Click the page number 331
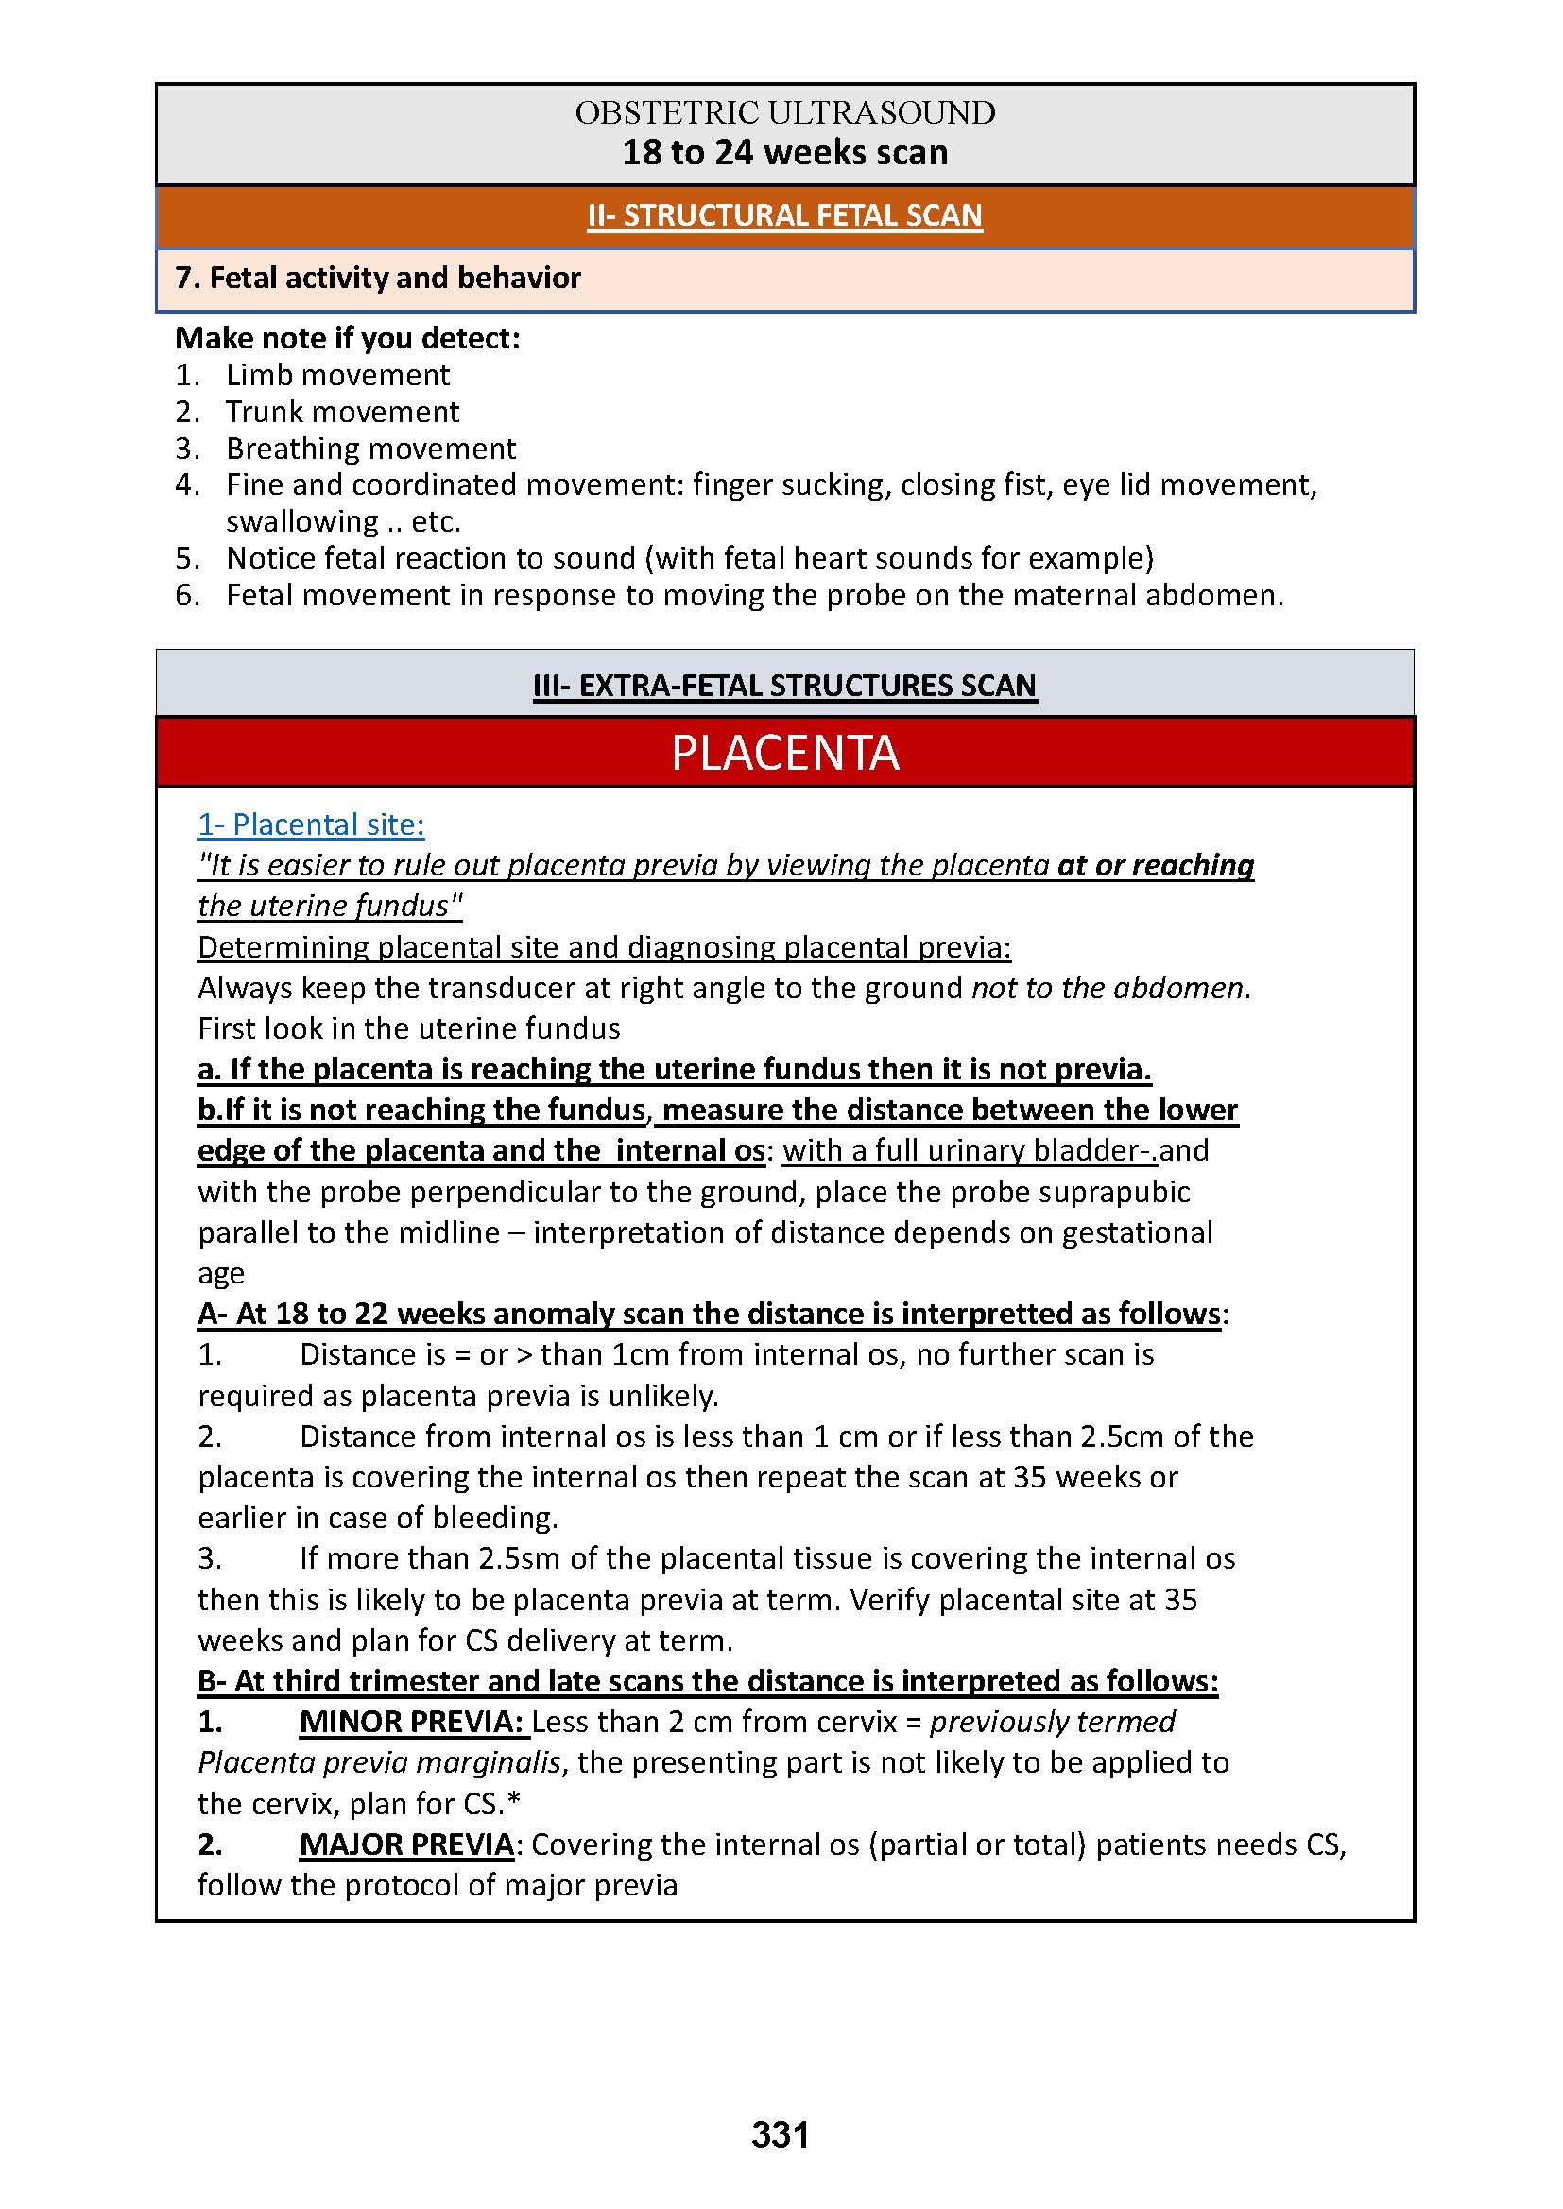780,2134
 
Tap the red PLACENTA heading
784,753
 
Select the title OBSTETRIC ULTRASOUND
784,112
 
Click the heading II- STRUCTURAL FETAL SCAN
784,215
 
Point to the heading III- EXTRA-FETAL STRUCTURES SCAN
784,685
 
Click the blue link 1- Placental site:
311,824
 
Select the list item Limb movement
336,375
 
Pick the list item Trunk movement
342,412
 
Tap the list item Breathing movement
370,449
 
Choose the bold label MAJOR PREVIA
406,1844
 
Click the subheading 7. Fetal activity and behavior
378,278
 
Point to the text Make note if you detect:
348,339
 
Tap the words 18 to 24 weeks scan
784,152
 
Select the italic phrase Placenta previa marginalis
379,1762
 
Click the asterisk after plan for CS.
514,1801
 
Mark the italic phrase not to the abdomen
1107,988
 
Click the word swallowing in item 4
302,521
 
